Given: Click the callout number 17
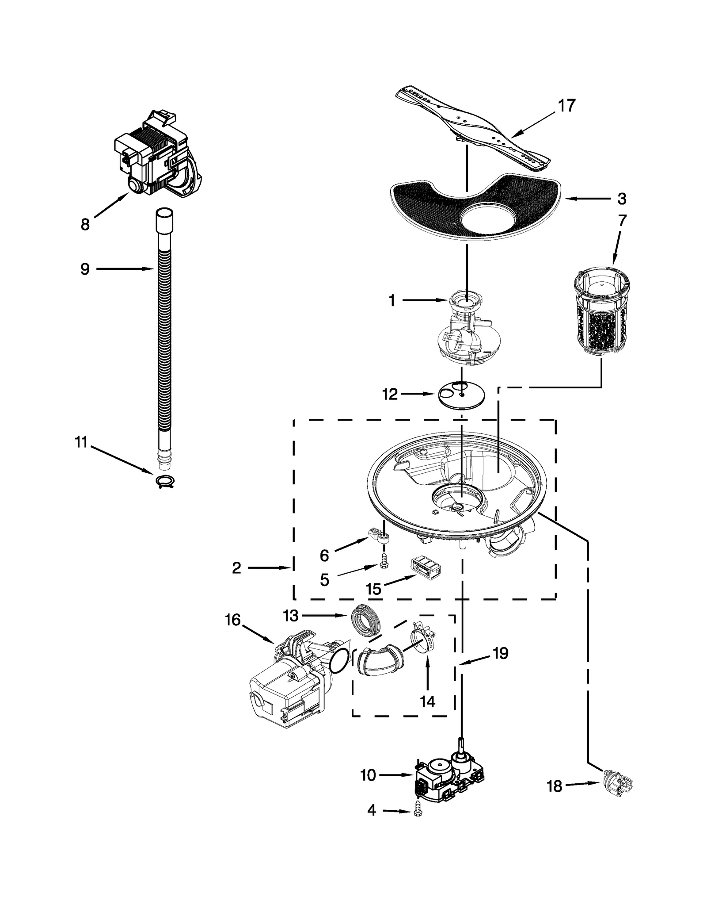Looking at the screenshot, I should (x=566, y=106).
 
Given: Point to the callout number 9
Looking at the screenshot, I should (x=85, y=268).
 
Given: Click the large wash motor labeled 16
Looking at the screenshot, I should (x=287, y=683).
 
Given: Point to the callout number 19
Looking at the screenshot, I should (x=501, y=653).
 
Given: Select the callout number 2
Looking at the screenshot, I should (x=236, y=568).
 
